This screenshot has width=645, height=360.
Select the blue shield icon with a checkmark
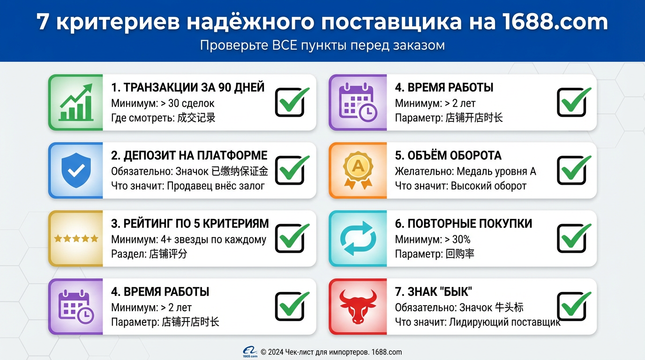[75, 171]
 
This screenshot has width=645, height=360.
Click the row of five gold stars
[76, 239]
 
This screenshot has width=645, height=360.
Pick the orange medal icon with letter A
[358, 171]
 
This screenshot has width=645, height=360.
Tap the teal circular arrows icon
[358, 239]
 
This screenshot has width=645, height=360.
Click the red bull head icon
[358, 307]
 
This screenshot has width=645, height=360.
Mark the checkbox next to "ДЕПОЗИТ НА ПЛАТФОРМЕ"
[289, 170]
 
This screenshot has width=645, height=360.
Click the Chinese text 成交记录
[196, 118]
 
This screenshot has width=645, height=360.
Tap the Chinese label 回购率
[460, 254]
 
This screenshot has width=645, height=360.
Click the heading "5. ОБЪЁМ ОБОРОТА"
[448, 156]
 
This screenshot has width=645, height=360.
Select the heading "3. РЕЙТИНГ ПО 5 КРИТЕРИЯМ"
[190, 224]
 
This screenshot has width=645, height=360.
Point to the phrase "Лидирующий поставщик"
[505, 322]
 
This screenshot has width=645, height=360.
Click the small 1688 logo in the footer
[250, 352]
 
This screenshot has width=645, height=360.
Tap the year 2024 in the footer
[276, 352]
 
